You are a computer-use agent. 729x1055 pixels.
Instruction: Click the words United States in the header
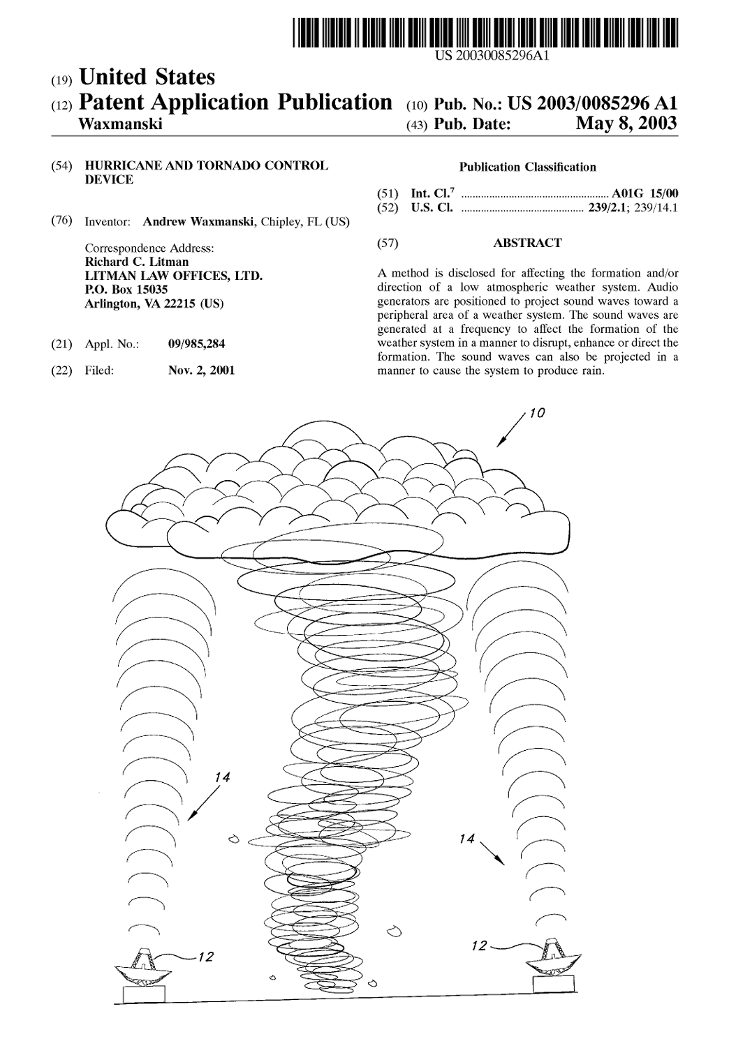(x=147, y=77)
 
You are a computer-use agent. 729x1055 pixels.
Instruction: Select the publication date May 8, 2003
(x=626, y=124)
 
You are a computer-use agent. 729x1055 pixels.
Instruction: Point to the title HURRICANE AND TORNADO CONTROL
(x=206, y=166)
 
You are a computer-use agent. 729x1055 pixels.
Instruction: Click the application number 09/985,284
(x=197, y=344)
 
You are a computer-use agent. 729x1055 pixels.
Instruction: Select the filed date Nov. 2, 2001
(x=202, y=371)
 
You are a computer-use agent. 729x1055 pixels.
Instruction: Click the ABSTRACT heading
(x=527, y=243)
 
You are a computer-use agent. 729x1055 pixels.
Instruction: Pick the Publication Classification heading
(x=527, y=167)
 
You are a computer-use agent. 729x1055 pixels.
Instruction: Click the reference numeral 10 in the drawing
(x=536, y=414)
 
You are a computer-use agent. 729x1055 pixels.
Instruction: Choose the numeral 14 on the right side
(x=467, y=839)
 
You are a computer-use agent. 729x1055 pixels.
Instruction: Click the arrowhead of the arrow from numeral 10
(x=499, y=444)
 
